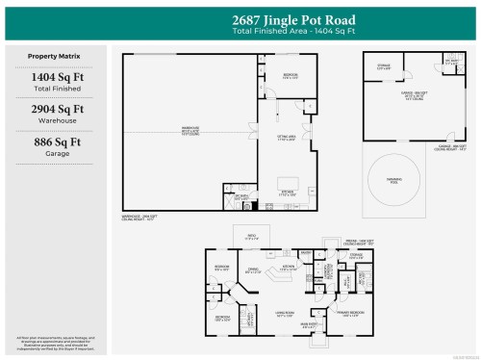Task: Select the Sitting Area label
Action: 288,140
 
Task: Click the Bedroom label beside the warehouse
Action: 290,76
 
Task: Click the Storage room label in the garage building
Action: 383,66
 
